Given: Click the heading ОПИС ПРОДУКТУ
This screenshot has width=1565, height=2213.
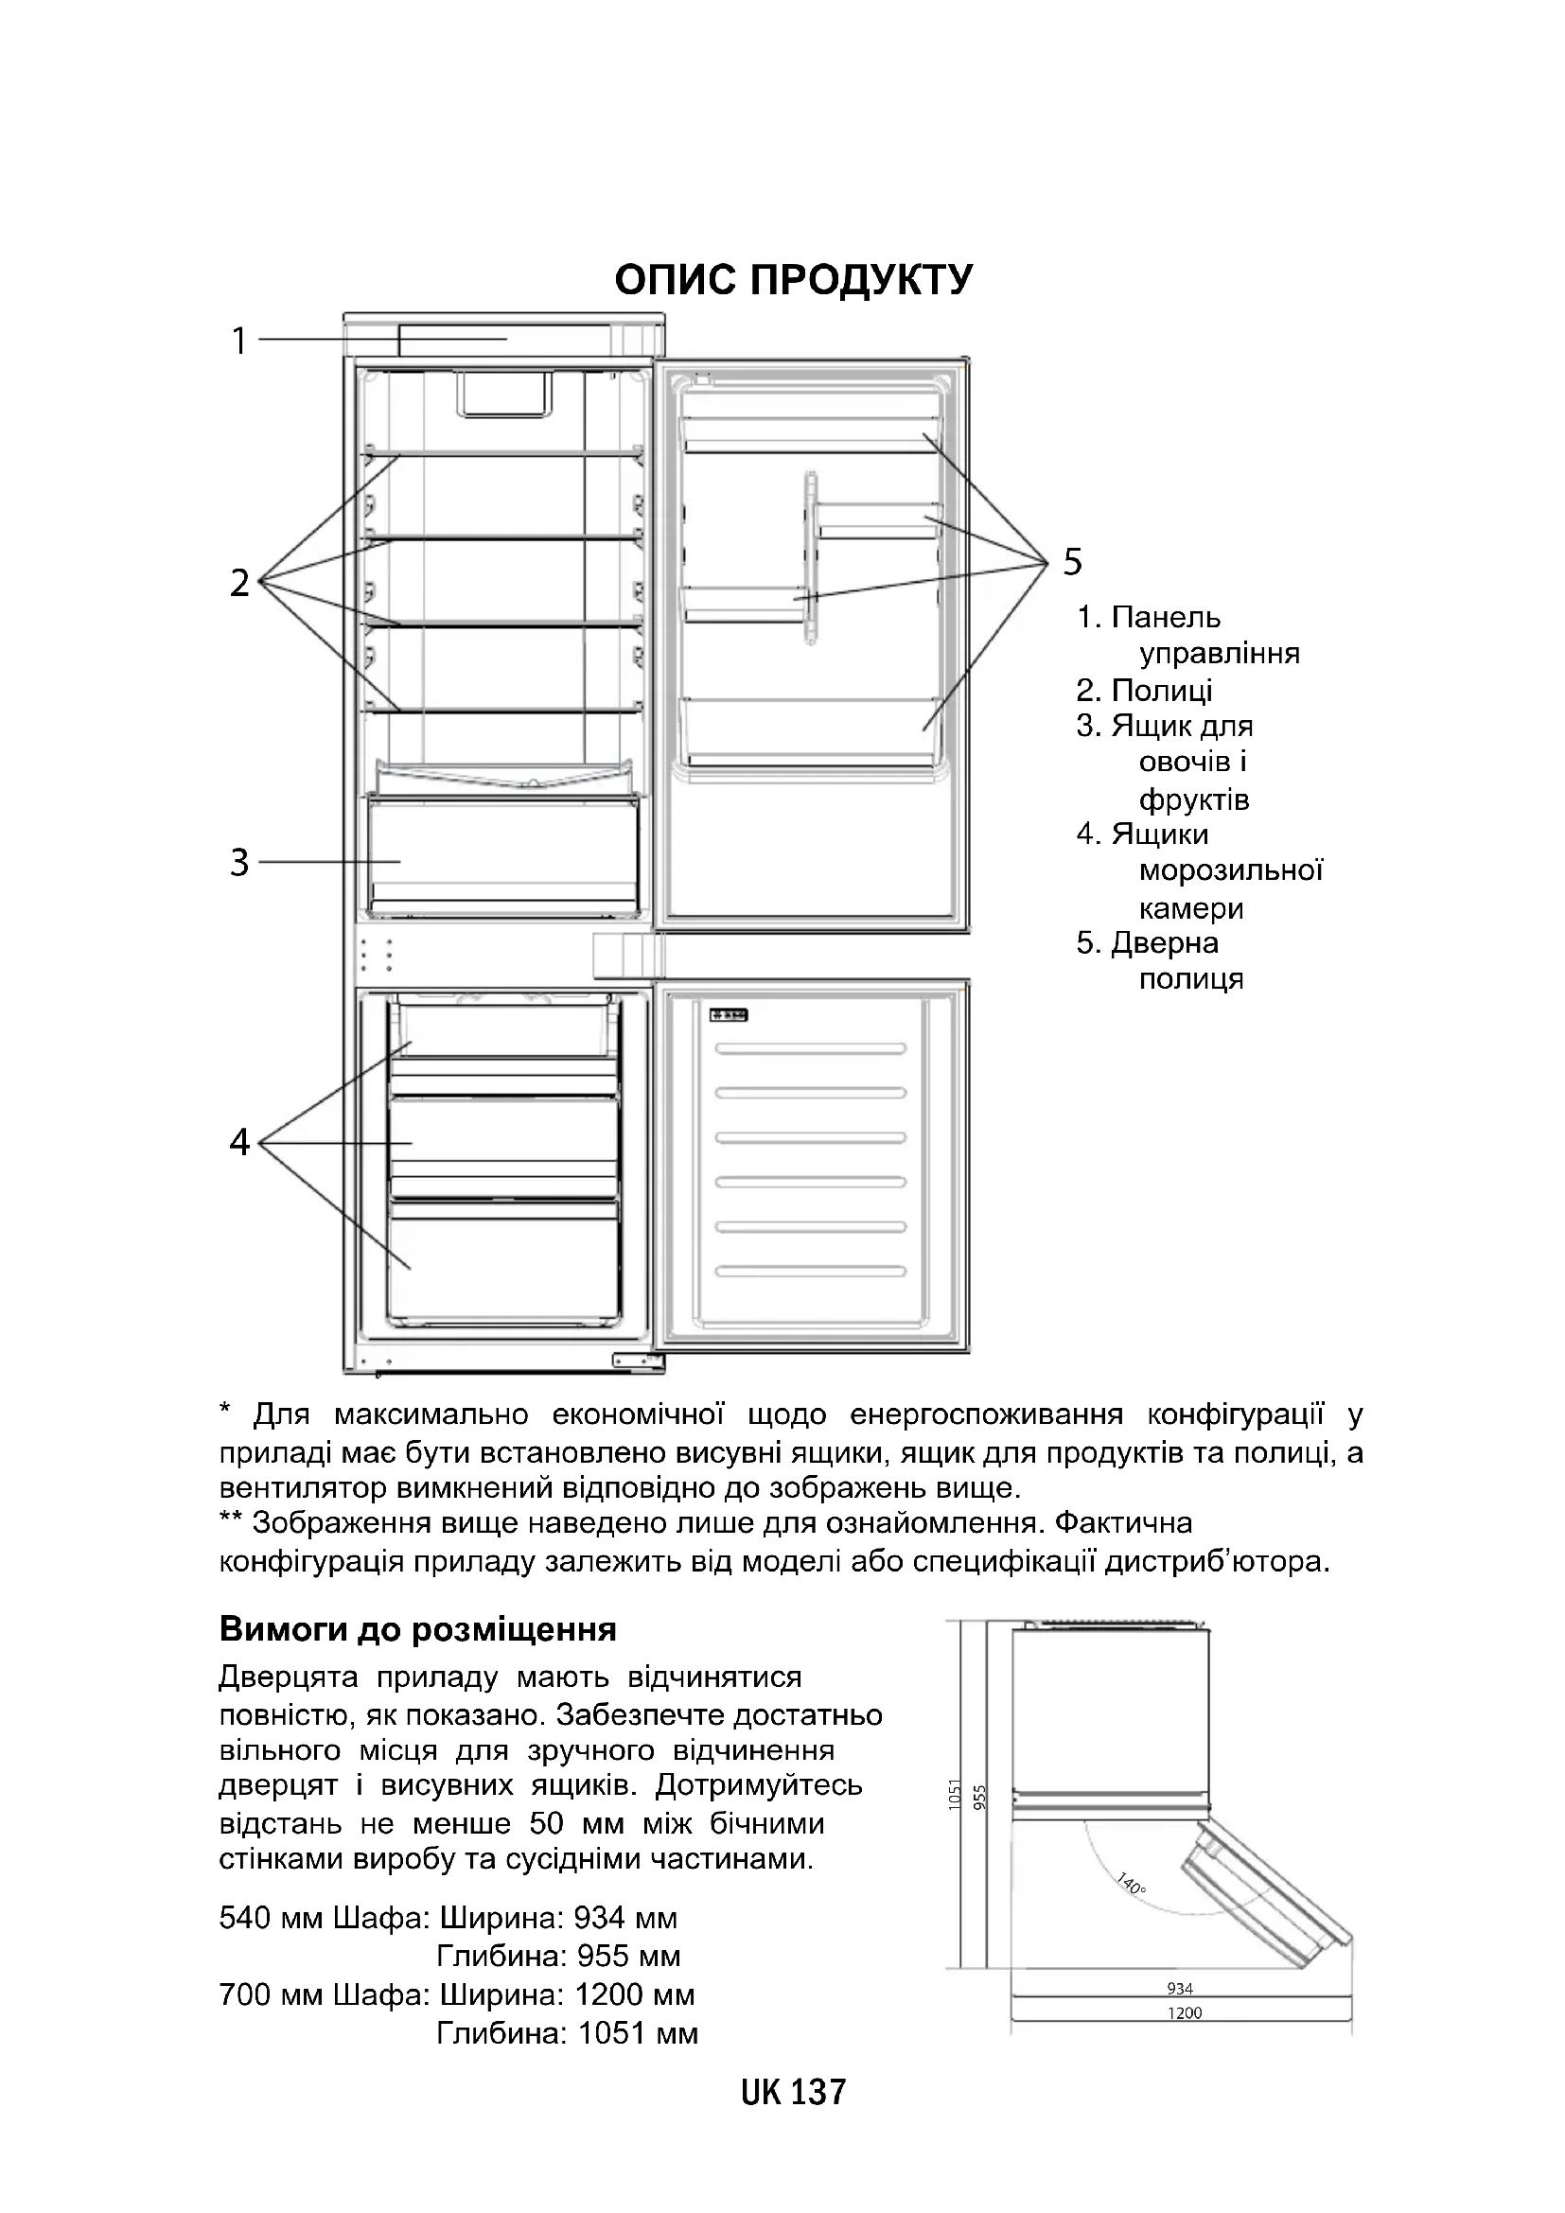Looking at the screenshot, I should [793, 279].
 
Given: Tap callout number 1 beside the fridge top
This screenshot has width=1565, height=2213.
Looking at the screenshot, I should [240, 341].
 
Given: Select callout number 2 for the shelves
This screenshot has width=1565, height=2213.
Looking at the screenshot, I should [240, 582].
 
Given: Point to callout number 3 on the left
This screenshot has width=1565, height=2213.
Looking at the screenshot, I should [240, 862].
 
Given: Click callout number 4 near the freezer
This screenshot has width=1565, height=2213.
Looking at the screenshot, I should [240, 1142].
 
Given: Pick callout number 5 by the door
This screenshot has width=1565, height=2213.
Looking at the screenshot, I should [1073, 561].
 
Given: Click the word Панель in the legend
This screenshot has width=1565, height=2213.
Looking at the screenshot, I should [1165, 617].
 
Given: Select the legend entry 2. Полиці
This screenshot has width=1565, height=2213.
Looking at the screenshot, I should [1145, 690].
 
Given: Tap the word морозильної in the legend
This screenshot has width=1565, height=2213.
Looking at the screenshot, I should [1231, 870].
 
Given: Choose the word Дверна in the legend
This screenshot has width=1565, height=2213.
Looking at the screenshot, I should [1164, 942].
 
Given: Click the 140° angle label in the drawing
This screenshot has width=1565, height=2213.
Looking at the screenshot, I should [1132, 1885].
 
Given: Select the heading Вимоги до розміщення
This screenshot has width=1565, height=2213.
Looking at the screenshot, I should [417, 1629].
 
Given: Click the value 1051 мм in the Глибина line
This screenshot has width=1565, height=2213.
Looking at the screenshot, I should [638, 2034].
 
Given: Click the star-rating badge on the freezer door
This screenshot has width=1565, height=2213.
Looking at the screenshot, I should [730, 1015].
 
